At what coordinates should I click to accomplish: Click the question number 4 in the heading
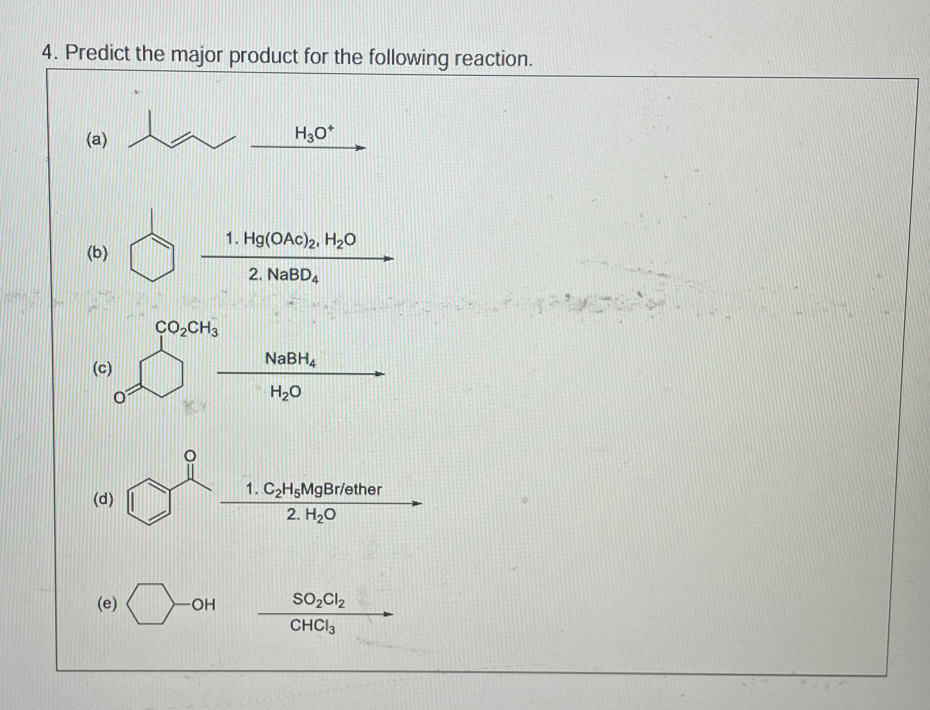point(48,53)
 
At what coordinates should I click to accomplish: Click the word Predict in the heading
point(97,54)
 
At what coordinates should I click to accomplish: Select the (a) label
point(97,140)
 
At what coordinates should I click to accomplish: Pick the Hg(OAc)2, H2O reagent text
point(291,239)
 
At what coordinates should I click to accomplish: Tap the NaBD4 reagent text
point(285,275)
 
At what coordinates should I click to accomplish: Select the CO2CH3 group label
point(186,329)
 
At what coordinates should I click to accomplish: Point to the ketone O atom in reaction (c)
point(119,398)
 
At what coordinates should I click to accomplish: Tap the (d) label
point(103,499)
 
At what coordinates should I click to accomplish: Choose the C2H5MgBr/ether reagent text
point(313,489)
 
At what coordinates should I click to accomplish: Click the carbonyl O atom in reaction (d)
point(190,455)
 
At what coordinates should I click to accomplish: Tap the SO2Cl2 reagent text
point(319,599)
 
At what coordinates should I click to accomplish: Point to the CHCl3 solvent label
point(313,626)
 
